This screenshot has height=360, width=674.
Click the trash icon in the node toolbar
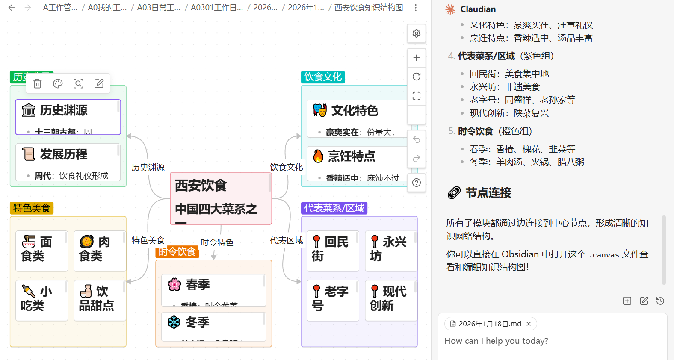click(38, 84)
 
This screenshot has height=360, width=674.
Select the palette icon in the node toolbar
click(58, 84)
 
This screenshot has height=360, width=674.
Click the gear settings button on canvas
click(417, 33)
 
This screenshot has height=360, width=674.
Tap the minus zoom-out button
click(417, 115)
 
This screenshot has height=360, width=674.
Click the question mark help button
click(417, 183)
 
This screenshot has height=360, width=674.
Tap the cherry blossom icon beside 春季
click(174, 285)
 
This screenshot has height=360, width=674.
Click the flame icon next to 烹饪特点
click(318, 156)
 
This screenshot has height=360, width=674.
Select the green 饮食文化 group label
click(323, 77)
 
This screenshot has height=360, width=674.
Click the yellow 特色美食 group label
click(32, 208)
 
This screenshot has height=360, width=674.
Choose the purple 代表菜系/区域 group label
click(334, 208)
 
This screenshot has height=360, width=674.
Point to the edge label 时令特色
click(217, 243)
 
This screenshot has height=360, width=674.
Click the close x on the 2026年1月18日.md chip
click(529, 324)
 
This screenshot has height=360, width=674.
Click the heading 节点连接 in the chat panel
click(488, 193)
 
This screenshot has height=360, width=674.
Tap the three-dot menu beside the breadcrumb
click(416, 8)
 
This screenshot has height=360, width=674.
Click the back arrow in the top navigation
click(12, 8)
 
